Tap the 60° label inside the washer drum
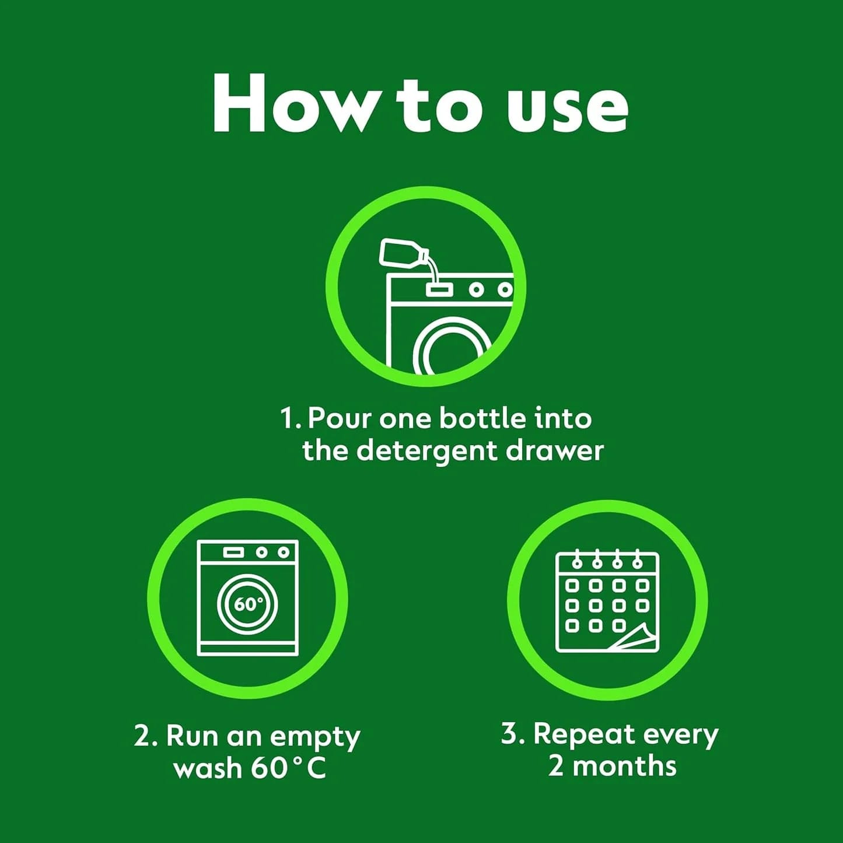248,604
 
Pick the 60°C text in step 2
288,768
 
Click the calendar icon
607,601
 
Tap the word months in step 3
624,765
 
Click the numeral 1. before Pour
290,418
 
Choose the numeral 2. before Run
145,736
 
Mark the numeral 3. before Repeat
513,734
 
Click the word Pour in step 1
340,418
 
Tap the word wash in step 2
207,768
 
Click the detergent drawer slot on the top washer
439,289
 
